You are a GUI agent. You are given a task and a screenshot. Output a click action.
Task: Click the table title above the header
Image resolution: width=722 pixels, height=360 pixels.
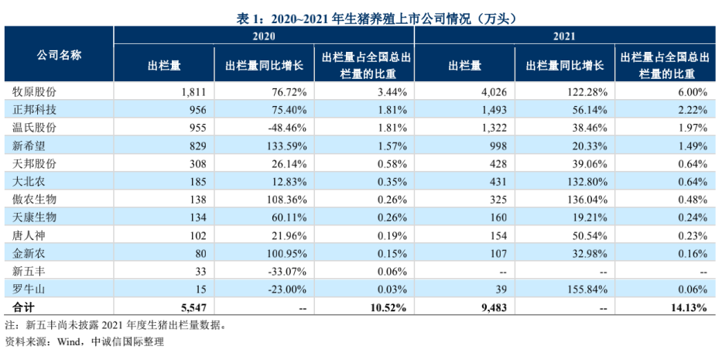tap(361, 18)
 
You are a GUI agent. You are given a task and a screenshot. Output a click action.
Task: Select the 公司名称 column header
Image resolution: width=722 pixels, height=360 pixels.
tap(59, 55)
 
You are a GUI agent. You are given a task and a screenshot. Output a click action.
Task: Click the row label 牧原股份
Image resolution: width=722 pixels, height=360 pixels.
tap(35, 91)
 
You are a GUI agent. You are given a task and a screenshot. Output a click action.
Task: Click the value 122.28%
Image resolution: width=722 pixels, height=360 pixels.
tap(588, 92)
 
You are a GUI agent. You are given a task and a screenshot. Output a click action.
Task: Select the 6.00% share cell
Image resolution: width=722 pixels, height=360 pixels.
tap(693, 92)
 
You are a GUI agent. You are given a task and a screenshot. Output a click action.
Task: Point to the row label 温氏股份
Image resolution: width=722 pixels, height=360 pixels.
tap(35, 128)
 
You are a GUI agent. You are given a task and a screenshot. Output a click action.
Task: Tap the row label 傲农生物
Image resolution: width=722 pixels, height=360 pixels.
tap(35, 200)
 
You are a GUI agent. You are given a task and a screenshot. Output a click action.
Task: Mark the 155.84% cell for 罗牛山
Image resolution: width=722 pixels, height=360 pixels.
tap(588, 290)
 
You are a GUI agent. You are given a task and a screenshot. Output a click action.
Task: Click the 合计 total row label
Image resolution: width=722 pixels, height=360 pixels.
tap(23, 307)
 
